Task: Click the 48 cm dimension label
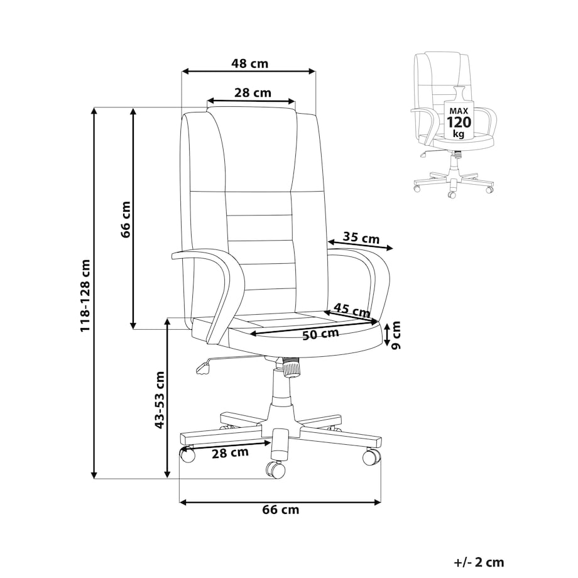click(x=249, y=64)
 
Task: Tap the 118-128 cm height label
click(x=85, y=295)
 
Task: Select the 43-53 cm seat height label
click(x=159, y=400)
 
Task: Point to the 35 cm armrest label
click(x=361, y=237)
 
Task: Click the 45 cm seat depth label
click(x=352, y=310)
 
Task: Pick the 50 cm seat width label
click(x=320, y=334)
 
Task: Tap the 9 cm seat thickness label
click(x=395, y=335)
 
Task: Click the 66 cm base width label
click(x=281, y=510)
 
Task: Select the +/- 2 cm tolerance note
click(x=479, y=562)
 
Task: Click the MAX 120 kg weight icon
click(x=459, y=113)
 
